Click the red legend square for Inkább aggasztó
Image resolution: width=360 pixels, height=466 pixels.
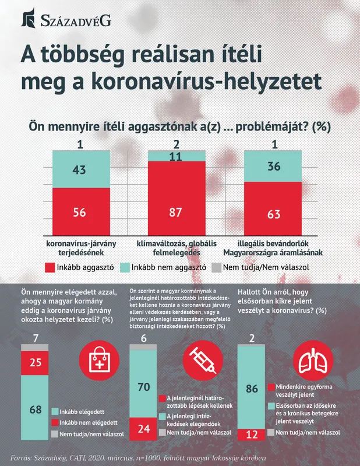pos(50,269)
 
